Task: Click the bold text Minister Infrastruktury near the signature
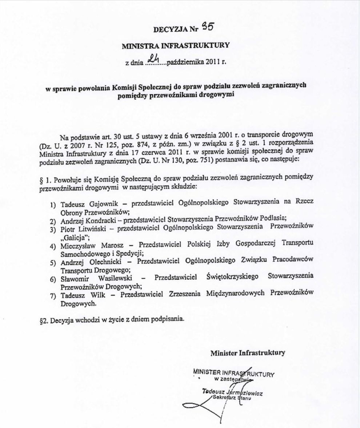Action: tap(247, 352)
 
